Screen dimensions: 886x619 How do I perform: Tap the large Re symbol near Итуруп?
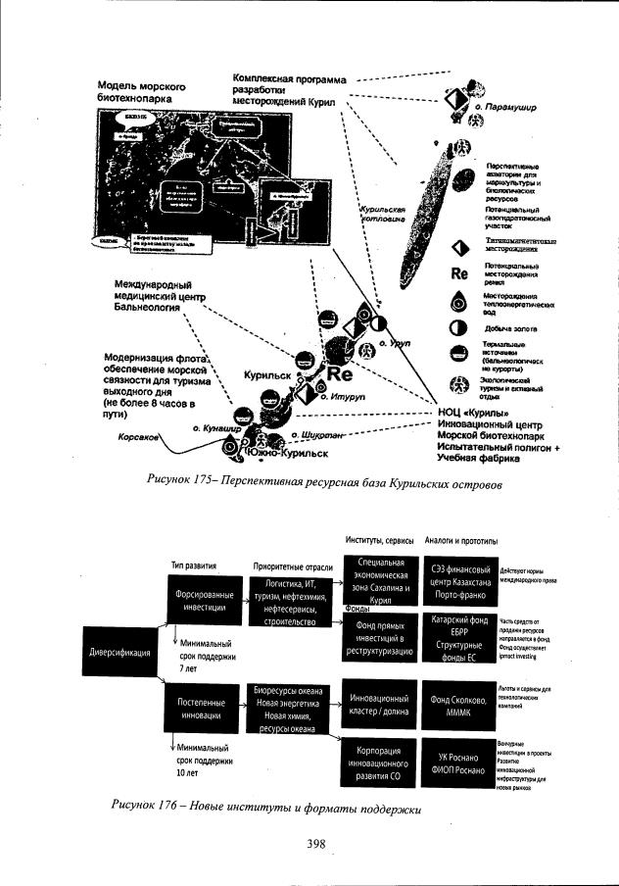340,373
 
